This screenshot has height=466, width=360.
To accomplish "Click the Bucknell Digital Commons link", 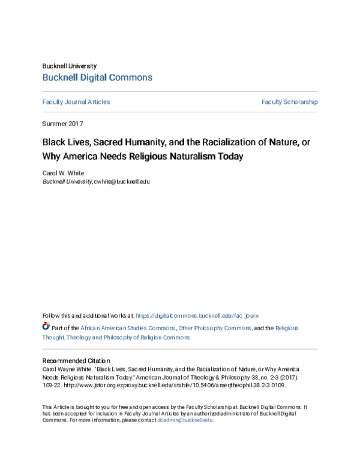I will coord(97,77).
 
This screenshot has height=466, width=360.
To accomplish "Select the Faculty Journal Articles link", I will coord(76,102).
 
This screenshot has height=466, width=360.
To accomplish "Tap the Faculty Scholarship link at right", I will coord(290,102).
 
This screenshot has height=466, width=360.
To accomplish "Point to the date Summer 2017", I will coord(62,124).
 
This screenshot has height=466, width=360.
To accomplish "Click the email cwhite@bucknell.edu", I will coord(122,181).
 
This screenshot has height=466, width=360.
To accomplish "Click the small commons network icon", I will coord(46,327).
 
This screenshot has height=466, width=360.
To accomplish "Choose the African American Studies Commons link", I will coord(128,328).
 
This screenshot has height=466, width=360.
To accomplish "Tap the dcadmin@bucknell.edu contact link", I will coord(185,420).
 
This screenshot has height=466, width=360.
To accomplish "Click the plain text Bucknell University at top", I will coord(69,65).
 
